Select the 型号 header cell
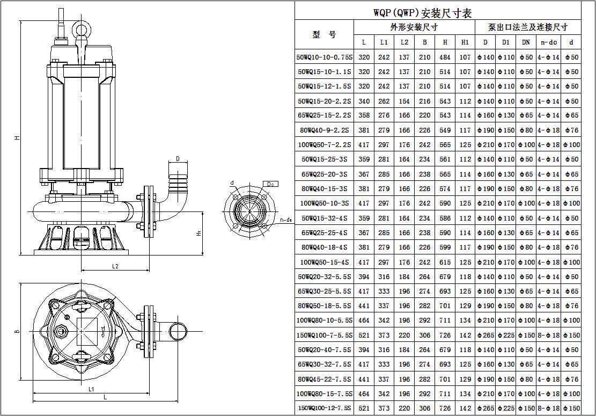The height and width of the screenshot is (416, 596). (x=324, y=34)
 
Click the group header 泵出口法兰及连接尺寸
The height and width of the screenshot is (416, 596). (x=527, y=27)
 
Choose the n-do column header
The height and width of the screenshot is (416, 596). (x=548, y=42)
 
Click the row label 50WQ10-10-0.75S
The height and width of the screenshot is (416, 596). (x=324, y=57)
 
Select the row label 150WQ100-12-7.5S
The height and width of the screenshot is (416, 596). (x=324, y=408)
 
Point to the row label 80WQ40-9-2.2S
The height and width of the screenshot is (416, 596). (x=324, y=130)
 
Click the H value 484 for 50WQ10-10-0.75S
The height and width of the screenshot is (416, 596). (x=445, y=57)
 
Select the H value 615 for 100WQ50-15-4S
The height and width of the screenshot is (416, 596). (x=445, y=262)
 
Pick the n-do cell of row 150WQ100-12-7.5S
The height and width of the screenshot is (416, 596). (x=548, y=408)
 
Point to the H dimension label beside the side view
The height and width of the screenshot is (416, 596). (x=17, y=138)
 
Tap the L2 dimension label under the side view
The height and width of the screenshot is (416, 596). (x=115, y=266)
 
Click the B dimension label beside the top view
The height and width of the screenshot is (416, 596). (x=17, y=331)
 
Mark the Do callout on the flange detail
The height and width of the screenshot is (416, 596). (x=270, y=184)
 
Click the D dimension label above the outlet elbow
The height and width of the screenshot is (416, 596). (x=178, y=159)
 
